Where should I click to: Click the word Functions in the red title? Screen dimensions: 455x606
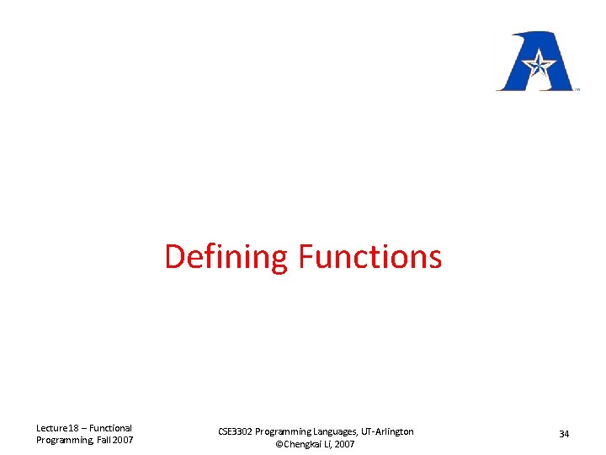369,257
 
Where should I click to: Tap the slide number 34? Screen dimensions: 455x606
564,434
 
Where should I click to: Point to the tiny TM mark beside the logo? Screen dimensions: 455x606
577,88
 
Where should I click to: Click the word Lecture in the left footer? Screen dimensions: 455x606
52,428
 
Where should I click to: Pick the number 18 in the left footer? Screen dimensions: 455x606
74,428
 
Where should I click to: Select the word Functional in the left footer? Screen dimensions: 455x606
111,428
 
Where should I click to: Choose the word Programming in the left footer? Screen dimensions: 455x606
61,440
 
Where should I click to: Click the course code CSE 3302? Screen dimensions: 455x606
235,431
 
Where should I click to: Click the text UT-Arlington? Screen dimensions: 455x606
388,431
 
